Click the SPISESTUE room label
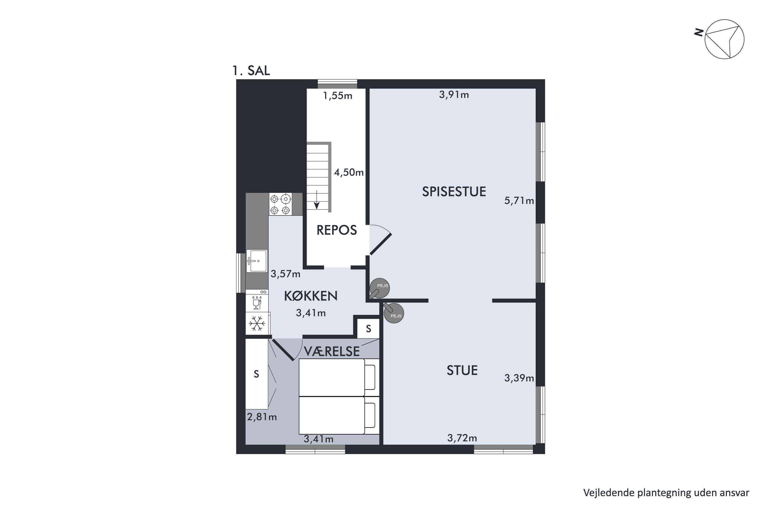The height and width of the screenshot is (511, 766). click(x=454, y=192)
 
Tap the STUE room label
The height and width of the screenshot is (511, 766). click(x=462, y=370)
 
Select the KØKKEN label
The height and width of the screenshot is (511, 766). click(x=311, y=296)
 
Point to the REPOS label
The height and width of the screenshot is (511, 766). click(x=337, y=230)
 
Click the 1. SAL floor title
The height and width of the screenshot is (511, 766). click(x=251, y=71)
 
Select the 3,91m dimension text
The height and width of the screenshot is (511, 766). click(x=454, y=95)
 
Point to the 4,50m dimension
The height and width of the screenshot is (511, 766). click(x=349, y=172)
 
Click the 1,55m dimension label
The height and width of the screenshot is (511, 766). click(x=338, y=96)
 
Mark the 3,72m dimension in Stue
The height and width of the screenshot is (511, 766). click(x=462, y=438)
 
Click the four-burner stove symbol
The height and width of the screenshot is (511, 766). click(x=280, y=204)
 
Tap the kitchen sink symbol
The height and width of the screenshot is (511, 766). click(x=257, y=261)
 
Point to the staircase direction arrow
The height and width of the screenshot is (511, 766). click(x=316, y=200)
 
